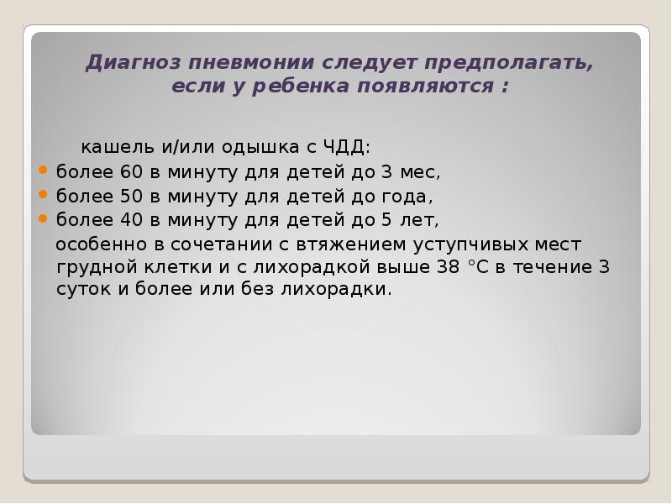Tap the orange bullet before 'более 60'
45,171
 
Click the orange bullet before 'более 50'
45,195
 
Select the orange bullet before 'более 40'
45,218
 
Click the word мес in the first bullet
421,173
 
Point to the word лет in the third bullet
422,221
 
